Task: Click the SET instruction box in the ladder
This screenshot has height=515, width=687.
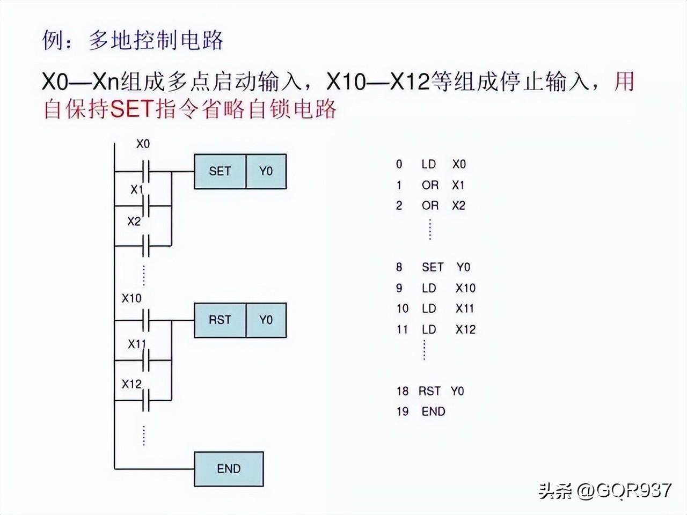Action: (220, 172)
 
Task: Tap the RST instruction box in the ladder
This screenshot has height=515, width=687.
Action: (220, 320)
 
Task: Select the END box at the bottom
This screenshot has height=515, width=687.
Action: (229, 469)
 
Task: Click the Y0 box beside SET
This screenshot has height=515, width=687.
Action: (266, 172)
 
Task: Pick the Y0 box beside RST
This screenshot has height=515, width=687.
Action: (266, 320)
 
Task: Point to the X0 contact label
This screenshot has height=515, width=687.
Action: (143, 144)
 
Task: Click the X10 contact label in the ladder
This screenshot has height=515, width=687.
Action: (131, 298)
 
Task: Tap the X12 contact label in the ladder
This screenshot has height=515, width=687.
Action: (131, 384)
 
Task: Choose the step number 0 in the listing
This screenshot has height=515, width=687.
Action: (399, 164)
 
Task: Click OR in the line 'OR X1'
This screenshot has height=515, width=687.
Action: (430, 185)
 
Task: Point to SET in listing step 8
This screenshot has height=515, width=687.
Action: (433, 267)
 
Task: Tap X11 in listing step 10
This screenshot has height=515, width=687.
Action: (465, 308)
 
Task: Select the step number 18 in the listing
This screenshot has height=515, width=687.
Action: (403, 391)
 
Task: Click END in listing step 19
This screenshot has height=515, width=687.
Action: (434, 411)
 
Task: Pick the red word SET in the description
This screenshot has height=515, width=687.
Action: (132, 109)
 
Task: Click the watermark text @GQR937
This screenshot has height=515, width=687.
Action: (624, 490)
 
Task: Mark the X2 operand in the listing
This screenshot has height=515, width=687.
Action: (458, 205)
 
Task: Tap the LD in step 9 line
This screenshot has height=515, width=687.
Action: (429, 288)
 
